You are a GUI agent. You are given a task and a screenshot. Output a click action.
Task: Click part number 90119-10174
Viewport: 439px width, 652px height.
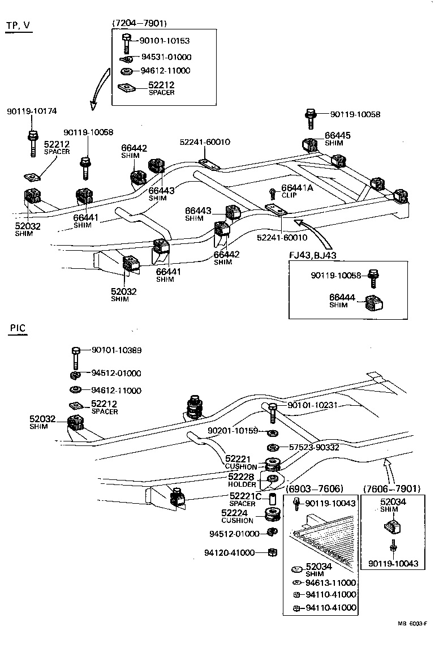32,111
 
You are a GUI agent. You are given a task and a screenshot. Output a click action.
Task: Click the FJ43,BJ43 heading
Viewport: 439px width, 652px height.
312,255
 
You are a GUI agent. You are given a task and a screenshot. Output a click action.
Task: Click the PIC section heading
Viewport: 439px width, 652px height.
18,328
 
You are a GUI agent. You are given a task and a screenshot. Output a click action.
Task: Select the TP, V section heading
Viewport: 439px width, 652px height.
18,27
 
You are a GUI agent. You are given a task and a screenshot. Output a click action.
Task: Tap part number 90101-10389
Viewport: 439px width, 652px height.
117,350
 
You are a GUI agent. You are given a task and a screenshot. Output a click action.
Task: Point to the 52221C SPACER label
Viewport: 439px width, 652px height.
245,499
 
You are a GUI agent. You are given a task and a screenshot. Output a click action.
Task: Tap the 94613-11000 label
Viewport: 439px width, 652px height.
330,582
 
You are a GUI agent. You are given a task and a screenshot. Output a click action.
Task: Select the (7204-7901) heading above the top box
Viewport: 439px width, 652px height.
140,23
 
